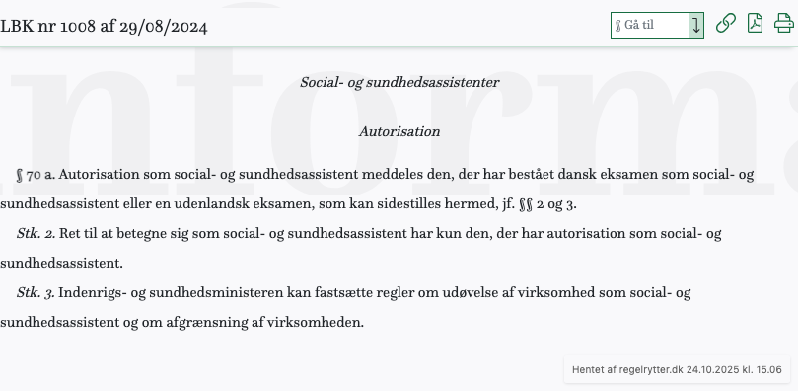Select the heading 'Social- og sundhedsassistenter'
(x=399, y=82)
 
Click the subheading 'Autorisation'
(x=399, y=130)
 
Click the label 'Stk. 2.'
(x=36, y=234)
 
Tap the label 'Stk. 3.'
(x=36, y=293)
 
